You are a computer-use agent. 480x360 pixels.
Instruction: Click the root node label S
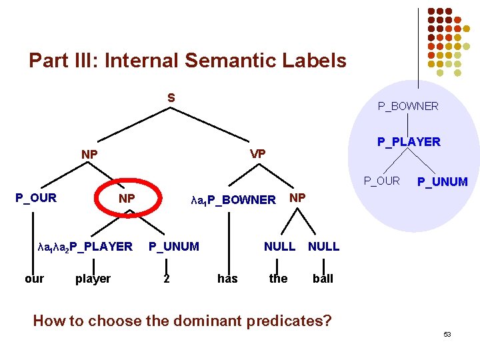[x=171, y=98]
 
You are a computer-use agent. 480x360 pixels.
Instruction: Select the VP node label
[x=257, y=154]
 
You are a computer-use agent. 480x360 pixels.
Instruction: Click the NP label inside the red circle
[x=127, y=199]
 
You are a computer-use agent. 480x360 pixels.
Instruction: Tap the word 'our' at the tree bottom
[x=34, y=279]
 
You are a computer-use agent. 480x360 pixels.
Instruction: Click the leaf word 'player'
[x=93, y=279]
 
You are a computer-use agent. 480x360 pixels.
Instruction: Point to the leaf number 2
[x=167, y=279]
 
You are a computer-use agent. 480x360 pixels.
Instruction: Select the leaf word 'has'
[x=227, y=279]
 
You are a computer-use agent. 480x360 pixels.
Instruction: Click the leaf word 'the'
[x=278, y=279]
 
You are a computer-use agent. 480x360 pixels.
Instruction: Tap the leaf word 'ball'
[x=323, y=279]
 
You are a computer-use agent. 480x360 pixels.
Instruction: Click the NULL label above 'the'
[x=279, y=247]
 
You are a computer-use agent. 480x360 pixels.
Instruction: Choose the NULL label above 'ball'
[x=323, y=247]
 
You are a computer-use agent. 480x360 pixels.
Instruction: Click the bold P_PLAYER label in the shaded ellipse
[x=409, y=141]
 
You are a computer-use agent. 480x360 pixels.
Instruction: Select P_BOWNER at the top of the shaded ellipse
[x=408, y=106]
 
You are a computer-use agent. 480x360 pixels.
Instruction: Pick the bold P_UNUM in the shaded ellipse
[x=443, y=182]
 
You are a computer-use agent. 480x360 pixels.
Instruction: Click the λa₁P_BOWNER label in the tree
[x=233, y=199]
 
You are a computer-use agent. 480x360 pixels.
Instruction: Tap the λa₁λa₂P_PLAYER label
[x=86, y=247]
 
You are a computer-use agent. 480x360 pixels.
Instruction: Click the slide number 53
[x=447, y=334]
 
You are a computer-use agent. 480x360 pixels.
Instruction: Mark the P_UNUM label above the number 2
[x=173, y=247]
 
